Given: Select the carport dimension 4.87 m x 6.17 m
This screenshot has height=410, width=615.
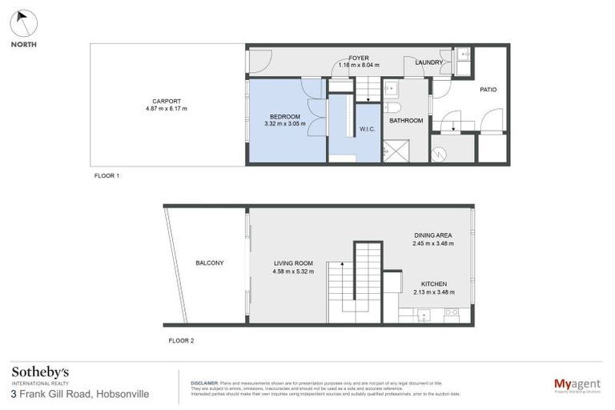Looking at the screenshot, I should tap(166, 109).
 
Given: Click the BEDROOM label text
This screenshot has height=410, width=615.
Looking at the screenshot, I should tap(284, 116).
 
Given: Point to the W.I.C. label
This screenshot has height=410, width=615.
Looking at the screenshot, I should tap(368, 129).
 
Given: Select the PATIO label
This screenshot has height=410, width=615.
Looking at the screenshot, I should tap(488, 90).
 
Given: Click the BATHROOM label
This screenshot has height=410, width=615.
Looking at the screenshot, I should tap(406, 121).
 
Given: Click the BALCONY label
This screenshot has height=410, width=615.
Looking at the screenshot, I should tap(209, 263).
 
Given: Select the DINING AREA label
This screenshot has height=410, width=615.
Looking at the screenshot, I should tap(432, 235).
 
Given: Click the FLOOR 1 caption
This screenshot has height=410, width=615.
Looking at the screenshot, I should tap(107, 175).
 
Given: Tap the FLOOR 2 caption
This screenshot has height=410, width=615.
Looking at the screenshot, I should tap(181, 340).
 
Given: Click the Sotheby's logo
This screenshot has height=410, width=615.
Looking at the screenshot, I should tap(40, 373).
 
